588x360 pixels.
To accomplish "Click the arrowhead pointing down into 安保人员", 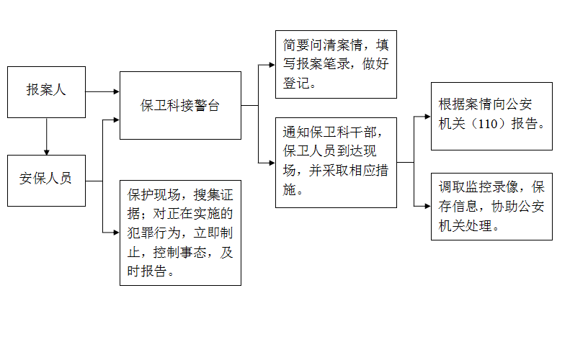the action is tap(47, 152).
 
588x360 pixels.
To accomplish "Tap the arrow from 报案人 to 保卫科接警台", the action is tap(103, 91).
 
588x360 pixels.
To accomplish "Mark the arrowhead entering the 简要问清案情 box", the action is tap(272, 65).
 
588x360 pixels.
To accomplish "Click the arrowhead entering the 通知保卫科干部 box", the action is tap(272, 163).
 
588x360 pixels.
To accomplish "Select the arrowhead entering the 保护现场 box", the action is tap(117, 233).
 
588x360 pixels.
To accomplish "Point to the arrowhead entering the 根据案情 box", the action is tap(428, 117).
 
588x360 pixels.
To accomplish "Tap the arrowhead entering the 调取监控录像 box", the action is tap(428, 206).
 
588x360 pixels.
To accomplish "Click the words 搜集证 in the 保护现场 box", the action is tap(213, 195).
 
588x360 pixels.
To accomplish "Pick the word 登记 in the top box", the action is tap(296, 84).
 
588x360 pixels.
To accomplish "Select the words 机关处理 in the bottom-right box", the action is tap(465, 226).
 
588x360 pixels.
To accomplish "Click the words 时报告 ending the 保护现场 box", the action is tap(146, 271).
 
